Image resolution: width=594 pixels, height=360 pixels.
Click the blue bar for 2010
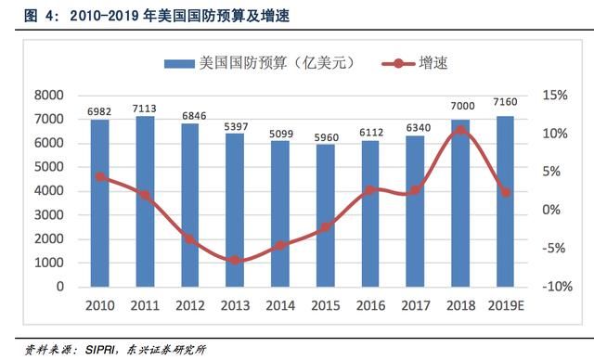99,203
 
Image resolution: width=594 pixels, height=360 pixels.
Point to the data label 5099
279,133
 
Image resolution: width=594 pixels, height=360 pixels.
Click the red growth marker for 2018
459,131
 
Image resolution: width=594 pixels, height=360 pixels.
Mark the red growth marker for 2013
235,260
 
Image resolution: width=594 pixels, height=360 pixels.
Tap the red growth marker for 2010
99,176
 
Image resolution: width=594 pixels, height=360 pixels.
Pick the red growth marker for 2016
369,189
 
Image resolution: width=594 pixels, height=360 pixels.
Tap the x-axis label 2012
189,304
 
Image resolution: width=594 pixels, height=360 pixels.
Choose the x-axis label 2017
415,304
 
